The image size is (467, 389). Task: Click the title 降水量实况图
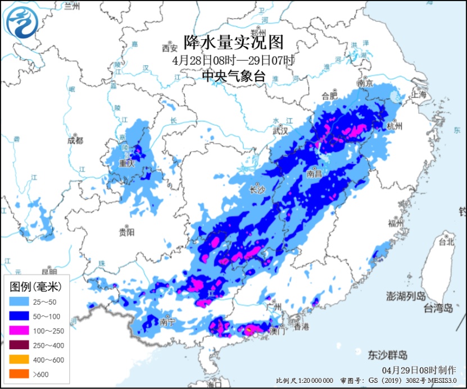(x=233, y=42)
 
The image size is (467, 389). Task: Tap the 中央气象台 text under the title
(x=233, y=77)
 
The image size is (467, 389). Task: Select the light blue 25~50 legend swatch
(x=20, y=301)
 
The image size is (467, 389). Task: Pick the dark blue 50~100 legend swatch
(x=20, y=316)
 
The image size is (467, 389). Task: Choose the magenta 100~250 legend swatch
(x=20, y=331)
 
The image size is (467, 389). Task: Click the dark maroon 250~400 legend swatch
(x=20, y=345)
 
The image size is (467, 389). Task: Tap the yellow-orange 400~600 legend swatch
(x=20, y=360)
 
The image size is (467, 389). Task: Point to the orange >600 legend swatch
(x=20, y=374)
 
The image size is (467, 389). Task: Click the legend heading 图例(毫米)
(x=36, y=287)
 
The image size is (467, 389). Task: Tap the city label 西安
(x=169, y=47)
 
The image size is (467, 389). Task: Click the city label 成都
(x=74, y=140)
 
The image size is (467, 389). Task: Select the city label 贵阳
(x=127, y=231)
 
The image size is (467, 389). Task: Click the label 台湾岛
(x=438, y=308)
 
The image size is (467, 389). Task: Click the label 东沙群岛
(x=388, y=355)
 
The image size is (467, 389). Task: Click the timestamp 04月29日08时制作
(x=419, y=370)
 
